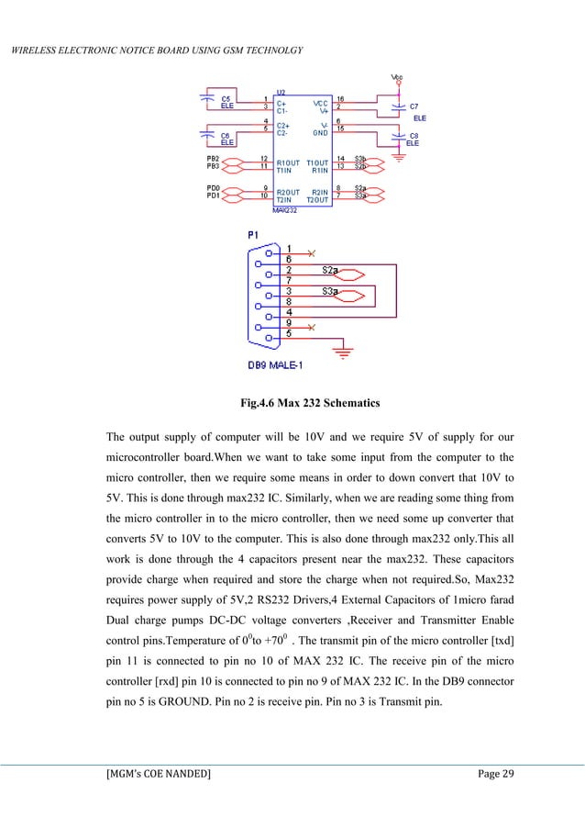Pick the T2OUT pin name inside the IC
click(316, 197)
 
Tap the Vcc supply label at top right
click(396, 76)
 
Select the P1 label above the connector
click(254, 235)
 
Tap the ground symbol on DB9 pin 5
click(343, 351)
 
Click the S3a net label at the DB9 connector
click(331, 291)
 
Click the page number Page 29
click(496, 775)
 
